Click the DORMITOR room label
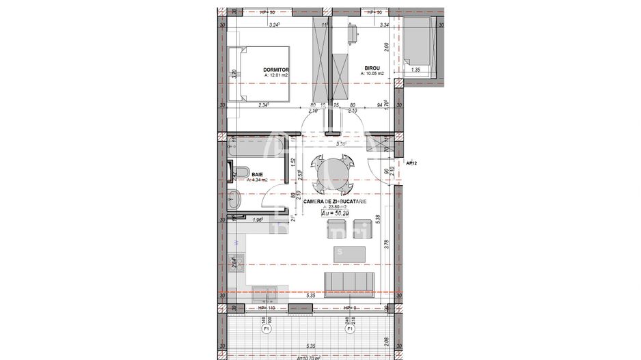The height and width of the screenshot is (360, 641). (277, 70)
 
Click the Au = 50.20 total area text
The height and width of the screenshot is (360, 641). (340, 213)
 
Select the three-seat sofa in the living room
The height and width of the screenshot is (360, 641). (348, 281)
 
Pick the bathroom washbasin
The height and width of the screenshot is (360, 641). (234, 201)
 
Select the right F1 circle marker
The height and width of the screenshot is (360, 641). (349, 329)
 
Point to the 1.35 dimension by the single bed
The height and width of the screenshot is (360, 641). (416, 70)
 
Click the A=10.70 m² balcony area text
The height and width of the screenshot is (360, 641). (311, 357)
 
